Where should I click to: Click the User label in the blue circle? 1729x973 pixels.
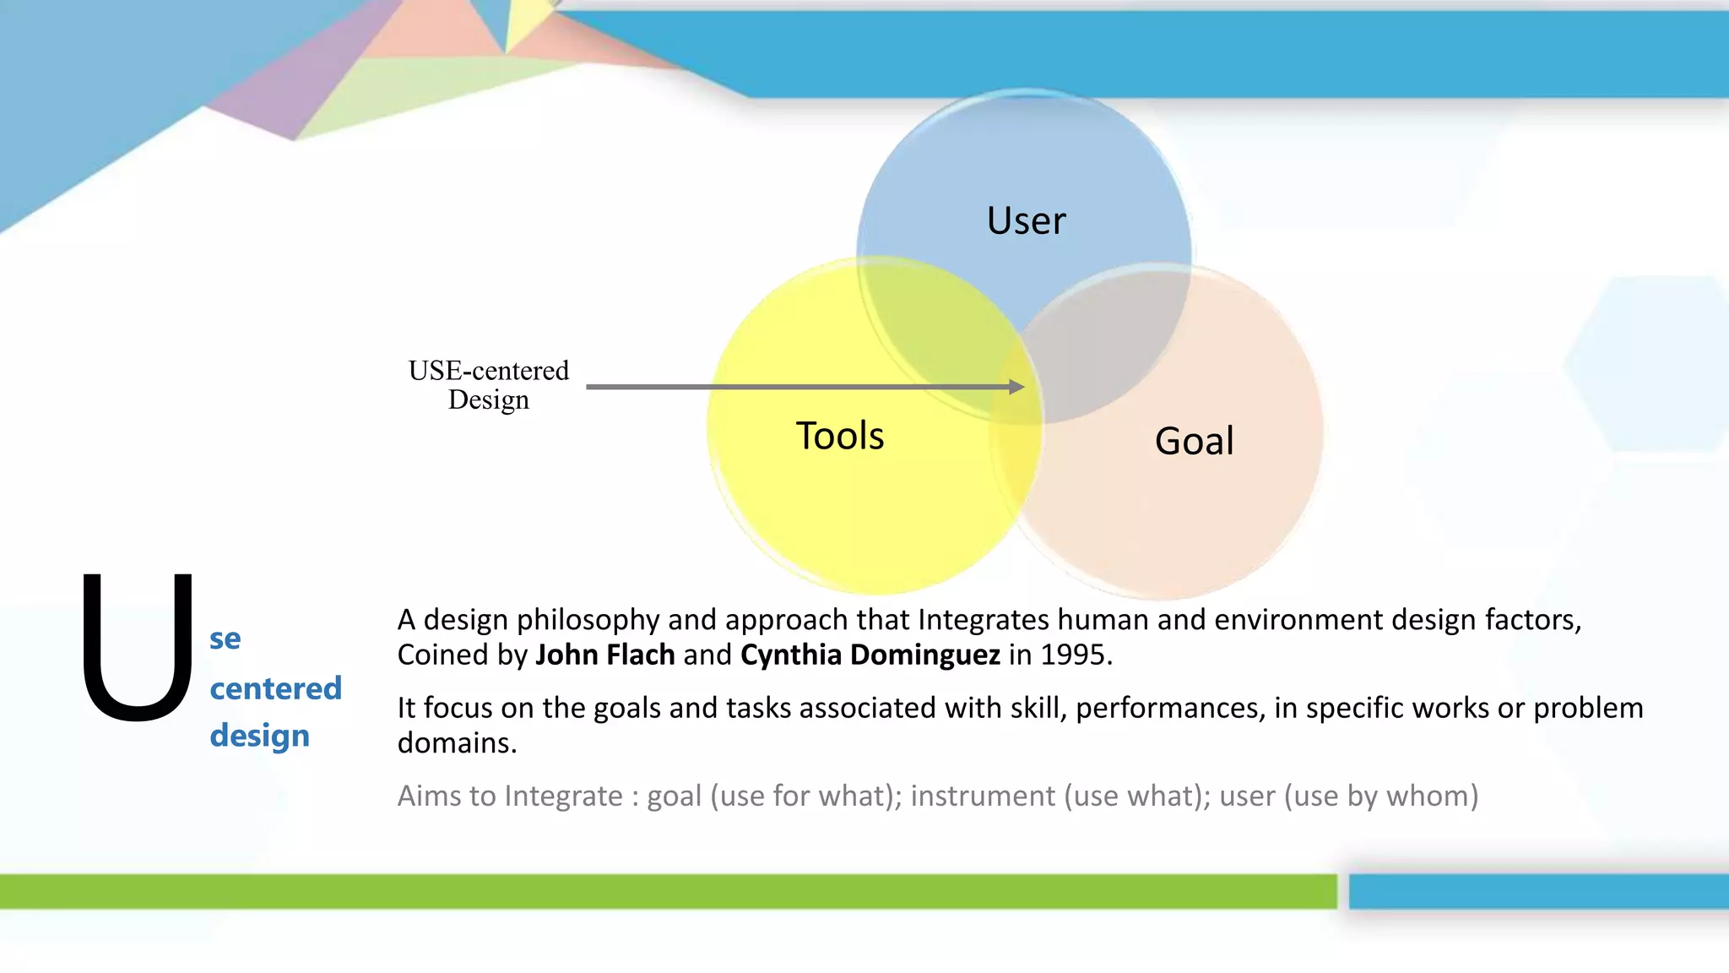1026,221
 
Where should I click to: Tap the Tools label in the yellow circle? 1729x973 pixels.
840,436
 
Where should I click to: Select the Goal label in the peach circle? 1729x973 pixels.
1194,441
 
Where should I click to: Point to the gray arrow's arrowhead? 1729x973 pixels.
1016,387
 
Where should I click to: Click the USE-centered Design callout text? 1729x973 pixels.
488,384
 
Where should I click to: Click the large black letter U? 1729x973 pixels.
137,648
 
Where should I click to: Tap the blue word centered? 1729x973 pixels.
275,688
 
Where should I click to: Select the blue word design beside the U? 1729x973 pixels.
259,735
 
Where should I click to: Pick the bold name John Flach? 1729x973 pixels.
604,655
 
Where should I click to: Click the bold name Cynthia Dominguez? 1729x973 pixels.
870,655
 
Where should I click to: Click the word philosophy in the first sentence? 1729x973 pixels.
588,620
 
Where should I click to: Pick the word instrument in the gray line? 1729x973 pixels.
983,796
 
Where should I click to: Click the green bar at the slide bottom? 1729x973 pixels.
667,891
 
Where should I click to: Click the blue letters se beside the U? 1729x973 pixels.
225,639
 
